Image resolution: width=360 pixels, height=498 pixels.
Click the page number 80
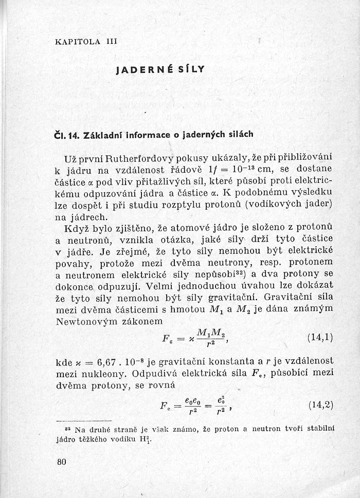coord(62,461)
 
